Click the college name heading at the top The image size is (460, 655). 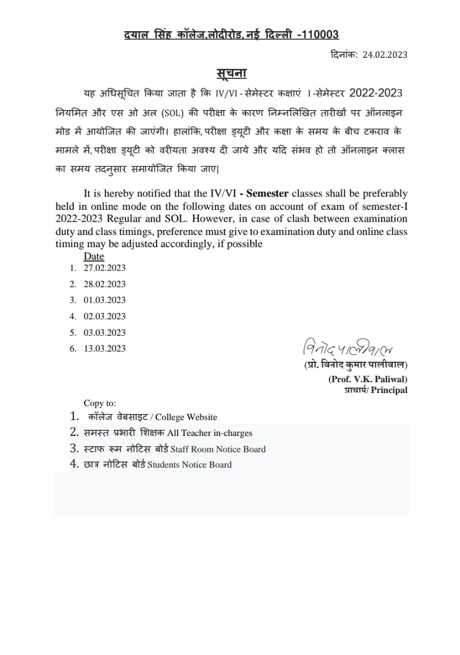pyautogui.click(x=231, y=34)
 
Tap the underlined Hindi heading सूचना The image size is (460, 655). pyautogui.click(x=230, y=73)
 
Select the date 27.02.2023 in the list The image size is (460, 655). pyautogui.click(x=104, y=268)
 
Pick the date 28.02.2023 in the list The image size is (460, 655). pyautogui.click(x=104, y=284)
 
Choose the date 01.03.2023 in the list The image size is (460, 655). pyautogui.click(x=104, y=300)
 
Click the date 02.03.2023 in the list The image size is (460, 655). pyautogui.click(x=104, y=316)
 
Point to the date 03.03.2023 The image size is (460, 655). pyautogui.click(x=104, y=333)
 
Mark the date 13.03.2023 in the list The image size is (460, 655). pyautogui.click(x=104, y=348)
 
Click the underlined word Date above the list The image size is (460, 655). pyautogui.click(x=94, y=256)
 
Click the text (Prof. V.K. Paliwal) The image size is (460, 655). pyautogui.click(x=367, y=379)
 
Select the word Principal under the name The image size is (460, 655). pyautogui.click(x=389, y=390)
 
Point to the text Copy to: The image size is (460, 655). pyautogui.click(x=100, y=403)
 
